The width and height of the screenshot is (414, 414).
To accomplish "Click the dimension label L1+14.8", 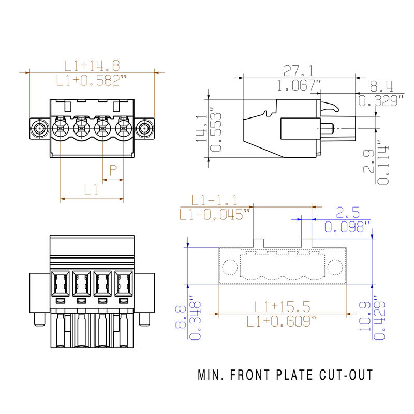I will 92,66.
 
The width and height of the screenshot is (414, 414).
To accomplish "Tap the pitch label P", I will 113,169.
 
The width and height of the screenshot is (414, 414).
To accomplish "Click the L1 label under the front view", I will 92,190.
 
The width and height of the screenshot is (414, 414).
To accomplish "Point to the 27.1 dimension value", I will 299,70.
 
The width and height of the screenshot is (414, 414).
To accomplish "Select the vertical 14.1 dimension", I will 202,128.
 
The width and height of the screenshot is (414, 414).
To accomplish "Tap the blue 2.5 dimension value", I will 348,212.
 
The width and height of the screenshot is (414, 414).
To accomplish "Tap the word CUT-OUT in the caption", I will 346,375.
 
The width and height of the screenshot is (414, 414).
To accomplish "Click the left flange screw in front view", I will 39,128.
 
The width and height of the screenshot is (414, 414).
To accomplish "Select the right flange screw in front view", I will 145,128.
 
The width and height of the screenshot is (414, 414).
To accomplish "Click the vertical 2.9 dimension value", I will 368,162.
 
